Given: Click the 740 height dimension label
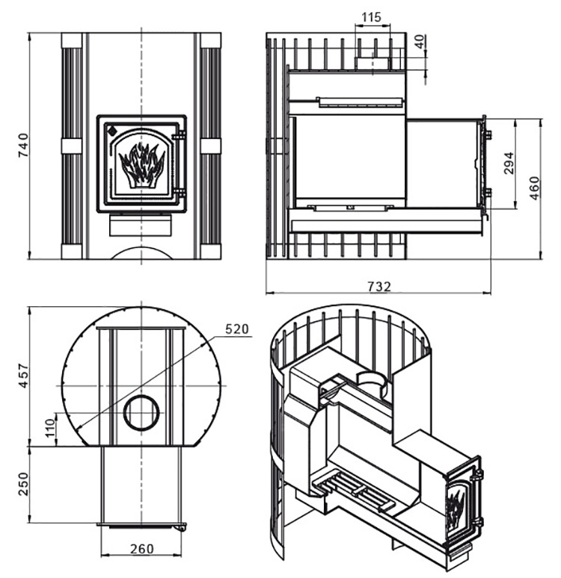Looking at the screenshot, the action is coord(23,145).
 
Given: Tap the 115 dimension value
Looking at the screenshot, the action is coord(371,17).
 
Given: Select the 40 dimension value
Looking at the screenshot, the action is coord(420,42).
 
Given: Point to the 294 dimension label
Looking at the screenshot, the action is coord(509,164).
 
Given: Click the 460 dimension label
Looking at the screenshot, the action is coord(534,188).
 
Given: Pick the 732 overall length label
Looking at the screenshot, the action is coord(379,286).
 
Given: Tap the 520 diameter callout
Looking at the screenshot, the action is coord(237,329).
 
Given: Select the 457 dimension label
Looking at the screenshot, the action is coord(23,376).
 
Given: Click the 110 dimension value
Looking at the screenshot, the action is coord(49,428).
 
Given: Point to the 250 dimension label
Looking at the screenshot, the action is coord(23,484).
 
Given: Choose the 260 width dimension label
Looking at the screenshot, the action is coord(142,549).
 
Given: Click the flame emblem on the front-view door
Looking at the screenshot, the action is coord(141,165).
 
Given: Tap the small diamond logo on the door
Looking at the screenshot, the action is coord(111,130).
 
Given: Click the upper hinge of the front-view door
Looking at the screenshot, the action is coord(179,137).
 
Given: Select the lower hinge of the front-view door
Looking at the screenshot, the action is coord(179,192).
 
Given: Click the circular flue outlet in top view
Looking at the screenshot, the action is coord(141,412).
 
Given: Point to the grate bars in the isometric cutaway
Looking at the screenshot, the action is coord(354,491).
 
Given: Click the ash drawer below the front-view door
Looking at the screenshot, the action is coord(141,226).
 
